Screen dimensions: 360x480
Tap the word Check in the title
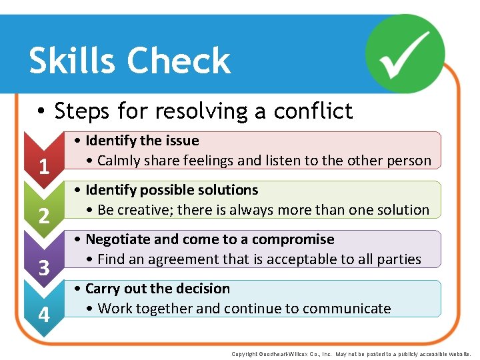click(179, 61)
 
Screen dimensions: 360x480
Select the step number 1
click(44, 166)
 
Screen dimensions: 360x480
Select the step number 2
click(44, 216)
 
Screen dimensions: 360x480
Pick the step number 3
click(44, 268)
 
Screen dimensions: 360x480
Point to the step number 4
click(44, 314)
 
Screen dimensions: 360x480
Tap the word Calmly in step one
click(121, 161)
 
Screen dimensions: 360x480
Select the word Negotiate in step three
click(116, 239)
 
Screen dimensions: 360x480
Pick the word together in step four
click(166, 309)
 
